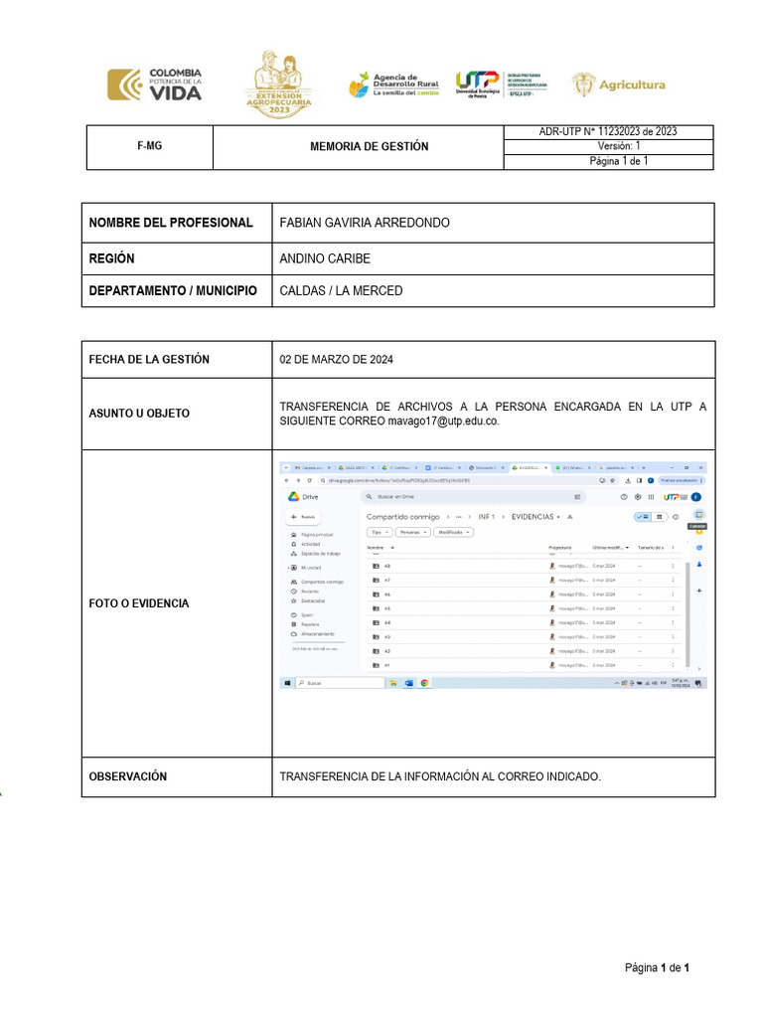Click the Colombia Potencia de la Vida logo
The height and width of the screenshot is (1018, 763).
pos(154,85)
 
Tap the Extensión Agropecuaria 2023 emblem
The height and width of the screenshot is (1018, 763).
pos(279,85)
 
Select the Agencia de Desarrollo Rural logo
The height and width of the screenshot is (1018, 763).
pos(393,85)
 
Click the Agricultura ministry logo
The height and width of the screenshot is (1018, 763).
pos(618,85)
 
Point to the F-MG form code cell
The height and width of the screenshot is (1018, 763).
pos(149,146)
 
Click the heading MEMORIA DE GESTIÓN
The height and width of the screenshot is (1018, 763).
pos(370,146)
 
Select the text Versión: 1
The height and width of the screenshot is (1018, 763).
pos(625,146)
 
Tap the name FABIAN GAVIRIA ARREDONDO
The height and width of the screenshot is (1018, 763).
pos(365,223)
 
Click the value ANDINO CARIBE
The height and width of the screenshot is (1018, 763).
pos(325,258)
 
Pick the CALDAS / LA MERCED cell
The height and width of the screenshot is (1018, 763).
pos(341,291)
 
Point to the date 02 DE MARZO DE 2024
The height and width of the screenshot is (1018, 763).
pos(336,360)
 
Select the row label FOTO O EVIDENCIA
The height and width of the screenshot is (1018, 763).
pos(138,603)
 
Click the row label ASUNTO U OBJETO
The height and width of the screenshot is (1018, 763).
pos(139,413)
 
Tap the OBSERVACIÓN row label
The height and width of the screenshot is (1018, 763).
pos(128,776)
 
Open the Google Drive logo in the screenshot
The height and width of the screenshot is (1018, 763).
pos(295,496)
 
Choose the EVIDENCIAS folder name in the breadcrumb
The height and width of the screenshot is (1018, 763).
pos(534,517)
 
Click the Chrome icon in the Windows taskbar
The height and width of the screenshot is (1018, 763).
pos(424,683)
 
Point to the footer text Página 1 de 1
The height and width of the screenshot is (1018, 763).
pos(657,967)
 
